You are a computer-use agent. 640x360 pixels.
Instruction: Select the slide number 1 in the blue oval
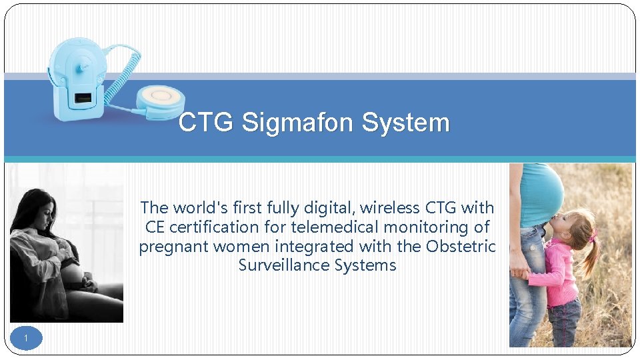pyautogui.click(x=26, y=339)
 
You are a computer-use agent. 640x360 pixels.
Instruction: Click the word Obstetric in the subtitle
pyautogui.click(x=461, y=247)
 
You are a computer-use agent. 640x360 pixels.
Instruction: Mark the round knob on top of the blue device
pyautogui.click(x=85, y=65)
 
